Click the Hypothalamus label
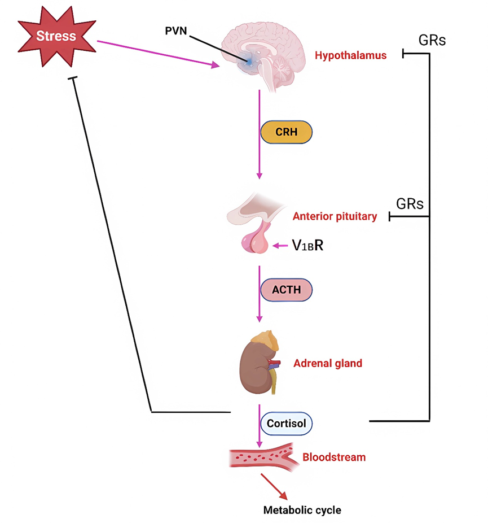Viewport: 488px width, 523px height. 350,55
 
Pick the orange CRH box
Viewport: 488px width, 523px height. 285,132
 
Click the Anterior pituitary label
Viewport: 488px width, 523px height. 335,216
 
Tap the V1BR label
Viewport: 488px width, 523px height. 307,245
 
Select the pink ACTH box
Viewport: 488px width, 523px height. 285,290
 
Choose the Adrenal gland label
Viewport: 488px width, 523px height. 328,363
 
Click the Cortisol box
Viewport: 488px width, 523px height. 285,422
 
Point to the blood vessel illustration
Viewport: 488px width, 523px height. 262,457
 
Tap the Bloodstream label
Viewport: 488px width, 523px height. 334,457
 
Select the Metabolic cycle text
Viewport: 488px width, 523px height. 302,509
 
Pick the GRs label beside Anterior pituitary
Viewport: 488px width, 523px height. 410,203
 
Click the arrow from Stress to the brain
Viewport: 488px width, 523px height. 158,54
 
